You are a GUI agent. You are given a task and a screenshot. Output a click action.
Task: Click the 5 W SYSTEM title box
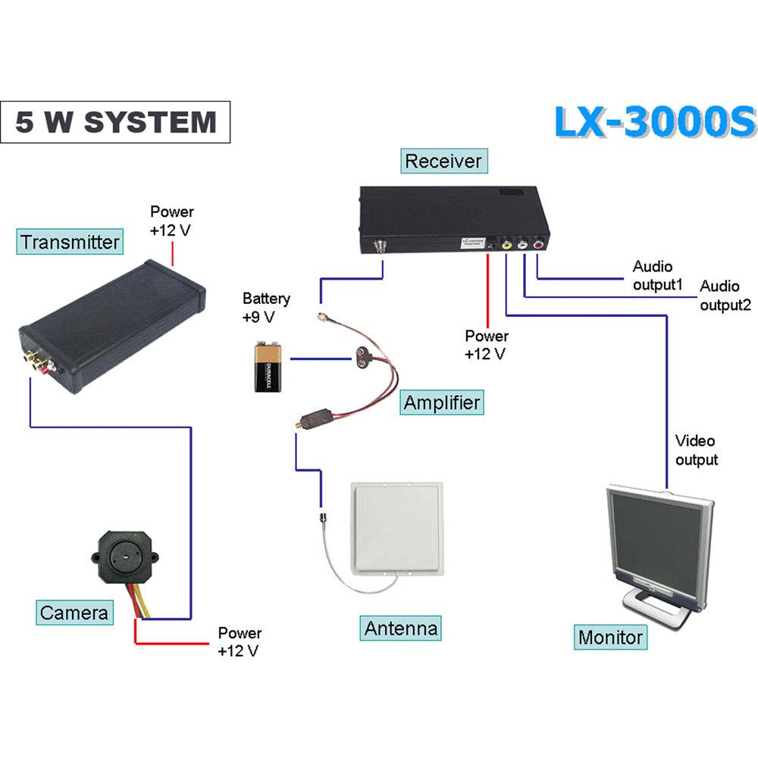click(115, 122)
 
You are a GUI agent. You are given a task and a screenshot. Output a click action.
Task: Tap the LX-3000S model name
click(655, 122)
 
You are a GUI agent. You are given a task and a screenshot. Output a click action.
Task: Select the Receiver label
click(443, 161)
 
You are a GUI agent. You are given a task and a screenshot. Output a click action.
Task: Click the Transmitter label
click(70, 243)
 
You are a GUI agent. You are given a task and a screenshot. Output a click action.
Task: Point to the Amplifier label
click(441, 402)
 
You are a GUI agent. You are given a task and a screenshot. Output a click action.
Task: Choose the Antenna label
click(401, 628)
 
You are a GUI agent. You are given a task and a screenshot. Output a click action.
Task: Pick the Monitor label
click(610, 637)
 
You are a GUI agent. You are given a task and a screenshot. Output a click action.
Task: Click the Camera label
click(74, 612)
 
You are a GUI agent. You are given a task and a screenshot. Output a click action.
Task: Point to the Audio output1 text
click(658, 276)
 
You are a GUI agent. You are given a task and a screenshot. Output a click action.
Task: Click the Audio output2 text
click(725, 296)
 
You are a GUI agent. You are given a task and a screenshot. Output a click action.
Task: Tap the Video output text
click(696, 450)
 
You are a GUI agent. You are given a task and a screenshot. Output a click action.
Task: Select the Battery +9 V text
click(265, 308)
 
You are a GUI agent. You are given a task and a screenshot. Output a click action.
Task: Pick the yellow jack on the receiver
click(506, 244)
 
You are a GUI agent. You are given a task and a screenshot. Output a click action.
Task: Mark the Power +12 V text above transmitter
click(171, 221)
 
